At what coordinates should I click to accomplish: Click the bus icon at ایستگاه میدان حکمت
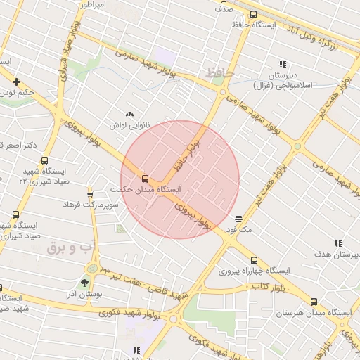coord(146,179)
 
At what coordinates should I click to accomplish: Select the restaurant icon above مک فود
coord(239,219)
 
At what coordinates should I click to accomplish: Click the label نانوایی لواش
coord(128,125)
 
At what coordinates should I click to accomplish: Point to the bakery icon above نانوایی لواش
coord(129,114)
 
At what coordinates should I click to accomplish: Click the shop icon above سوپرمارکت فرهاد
coord(90,194)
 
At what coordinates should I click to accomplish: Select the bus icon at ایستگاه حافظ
coord(253,14)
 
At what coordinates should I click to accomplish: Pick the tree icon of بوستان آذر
coord(85,283)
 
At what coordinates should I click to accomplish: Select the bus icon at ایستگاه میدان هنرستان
coord(314,302)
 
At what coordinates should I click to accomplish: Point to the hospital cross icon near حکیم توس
coord(15,82)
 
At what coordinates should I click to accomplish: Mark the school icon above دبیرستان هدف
coord(338,243)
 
